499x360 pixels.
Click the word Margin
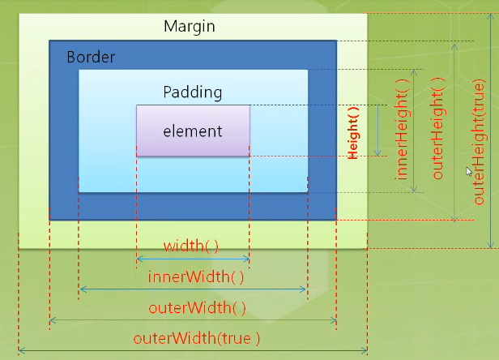click(x=190, y=27)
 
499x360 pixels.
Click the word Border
click(x=91, y=57)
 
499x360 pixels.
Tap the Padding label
click(x=193, y=92)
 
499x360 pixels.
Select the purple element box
click(x=193, y=131)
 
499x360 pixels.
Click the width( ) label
click(x=191, y=246)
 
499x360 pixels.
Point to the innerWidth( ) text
click(x=196, y=276)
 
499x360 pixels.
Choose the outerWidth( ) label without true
click(x=197, y=308)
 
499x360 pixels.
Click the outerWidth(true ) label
click(x=196, y=338)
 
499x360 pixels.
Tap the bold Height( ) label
click(x=353, y=133)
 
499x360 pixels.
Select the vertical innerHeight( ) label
click(x=402, y=130)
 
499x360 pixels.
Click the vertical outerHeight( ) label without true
click(x=438, y=128)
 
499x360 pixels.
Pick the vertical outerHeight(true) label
click(x=480, y=142)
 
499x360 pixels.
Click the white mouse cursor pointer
click(x=469, y=171)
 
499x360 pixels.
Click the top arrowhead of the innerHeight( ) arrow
click(x=414, y=71)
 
